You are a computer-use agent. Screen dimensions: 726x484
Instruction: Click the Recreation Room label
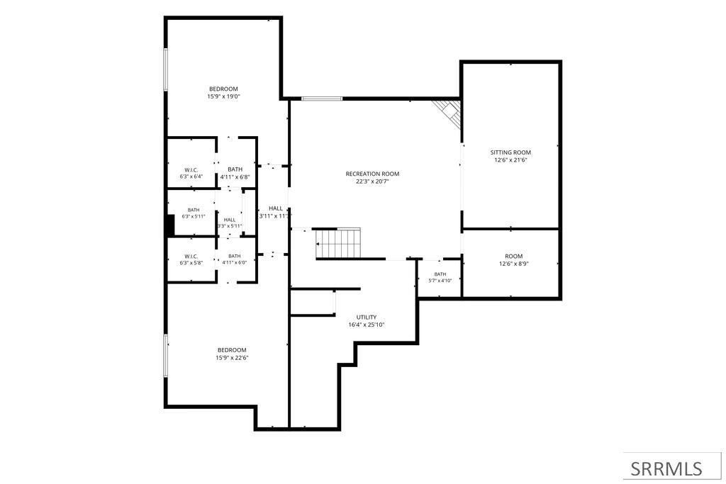coord(372,174)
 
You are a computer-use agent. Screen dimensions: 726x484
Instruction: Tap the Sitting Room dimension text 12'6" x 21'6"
coord(510,160)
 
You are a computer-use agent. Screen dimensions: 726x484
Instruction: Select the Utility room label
coord(367,317)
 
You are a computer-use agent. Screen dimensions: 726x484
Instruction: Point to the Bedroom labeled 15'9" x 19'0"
coord(223,93)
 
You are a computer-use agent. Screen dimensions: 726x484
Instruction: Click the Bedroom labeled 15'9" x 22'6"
coord(232,354)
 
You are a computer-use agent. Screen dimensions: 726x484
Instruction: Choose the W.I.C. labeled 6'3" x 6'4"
coord(191,173)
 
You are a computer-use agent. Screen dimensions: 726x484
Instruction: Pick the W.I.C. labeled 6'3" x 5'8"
coord(191,259)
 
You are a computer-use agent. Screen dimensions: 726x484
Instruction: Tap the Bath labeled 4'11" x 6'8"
coord(235,173)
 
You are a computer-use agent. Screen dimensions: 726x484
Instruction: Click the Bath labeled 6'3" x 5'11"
coord(194,213)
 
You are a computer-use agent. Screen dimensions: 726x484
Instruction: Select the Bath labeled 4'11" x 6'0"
coord(234,259)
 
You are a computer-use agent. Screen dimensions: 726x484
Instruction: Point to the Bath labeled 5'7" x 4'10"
coord(440,277)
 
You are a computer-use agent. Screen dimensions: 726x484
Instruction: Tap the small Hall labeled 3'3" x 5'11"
coord(230,223)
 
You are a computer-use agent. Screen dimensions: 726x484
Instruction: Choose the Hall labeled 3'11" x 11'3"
coord(276,212)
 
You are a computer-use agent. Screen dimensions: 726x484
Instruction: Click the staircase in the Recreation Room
coord(338,243)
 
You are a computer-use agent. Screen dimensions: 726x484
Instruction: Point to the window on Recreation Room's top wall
coord(322,99)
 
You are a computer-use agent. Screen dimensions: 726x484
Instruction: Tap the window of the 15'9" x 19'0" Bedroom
coord(165,69)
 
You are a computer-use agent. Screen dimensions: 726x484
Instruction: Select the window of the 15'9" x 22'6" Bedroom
coord(165,355)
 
